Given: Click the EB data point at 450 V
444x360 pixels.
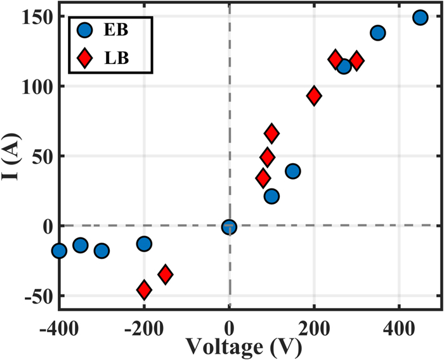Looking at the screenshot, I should coord(420,17).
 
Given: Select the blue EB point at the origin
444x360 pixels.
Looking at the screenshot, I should coord(229,227).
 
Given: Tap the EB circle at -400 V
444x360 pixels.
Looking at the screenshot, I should coord(59,251).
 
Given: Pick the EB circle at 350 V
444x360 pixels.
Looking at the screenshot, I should coord(377,33).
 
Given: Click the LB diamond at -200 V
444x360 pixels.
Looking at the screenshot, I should coord(144,290).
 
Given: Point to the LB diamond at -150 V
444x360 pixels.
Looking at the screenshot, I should coord(166,274).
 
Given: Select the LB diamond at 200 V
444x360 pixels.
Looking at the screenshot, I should coord(313,96).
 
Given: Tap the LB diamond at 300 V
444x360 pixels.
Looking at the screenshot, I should coord(356,61).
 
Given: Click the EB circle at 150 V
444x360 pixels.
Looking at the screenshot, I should coord(292,171).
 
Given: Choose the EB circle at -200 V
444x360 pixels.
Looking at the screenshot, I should coord(144,243).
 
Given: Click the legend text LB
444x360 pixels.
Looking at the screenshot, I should coord(119,58).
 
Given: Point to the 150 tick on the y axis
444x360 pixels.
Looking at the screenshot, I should coord(39,17).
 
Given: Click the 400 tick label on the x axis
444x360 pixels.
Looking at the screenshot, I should coord(398,331).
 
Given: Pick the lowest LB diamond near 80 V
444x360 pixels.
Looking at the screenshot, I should coord(263,178).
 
